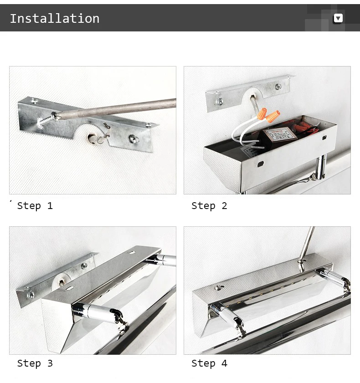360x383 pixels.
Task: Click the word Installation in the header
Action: click(x=55, y=19)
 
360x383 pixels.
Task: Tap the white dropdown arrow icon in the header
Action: click(x=338, y=18)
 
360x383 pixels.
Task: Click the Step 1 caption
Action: click(x=35, y=206)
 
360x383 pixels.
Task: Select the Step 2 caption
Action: click(x=209, y=206)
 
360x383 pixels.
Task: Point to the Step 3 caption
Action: click(x=35, y=363)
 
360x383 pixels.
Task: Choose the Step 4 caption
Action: click(x=209, y=363)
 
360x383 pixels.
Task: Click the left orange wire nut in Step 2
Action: click(x=262, y=113)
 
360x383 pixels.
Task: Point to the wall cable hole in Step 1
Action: click(x=93, y=138)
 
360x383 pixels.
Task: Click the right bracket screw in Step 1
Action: click(x=134, y=139)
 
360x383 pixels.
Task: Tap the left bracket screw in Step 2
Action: click(x=220, y=101)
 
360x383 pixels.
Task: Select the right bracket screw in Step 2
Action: click(x=278, y=87)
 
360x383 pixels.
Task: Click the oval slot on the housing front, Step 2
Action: click(x=261, y=164)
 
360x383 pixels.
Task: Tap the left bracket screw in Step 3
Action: click(x=31, y=295)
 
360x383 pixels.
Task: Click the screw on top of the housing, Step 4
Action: click(x=219, y=287)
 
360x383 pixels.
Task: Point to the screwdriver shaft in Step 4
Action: click(x=307, y=245)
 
